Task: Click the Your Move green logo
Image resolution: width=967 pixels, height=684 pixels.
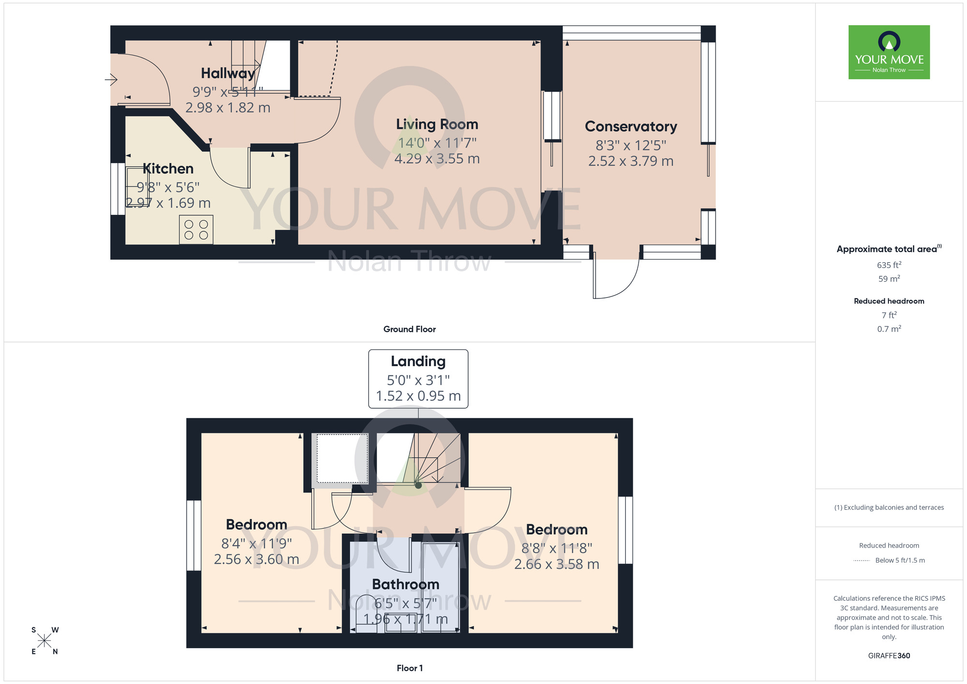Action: tap(889, 52)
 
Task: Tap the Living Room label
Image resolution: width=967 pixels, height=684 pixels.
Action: tap(437, 124)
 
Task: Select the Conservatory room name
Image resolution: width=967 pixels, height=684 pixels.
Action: tap(630, 126)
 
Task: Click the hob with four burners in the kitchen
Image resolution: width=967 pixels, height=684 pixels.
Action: tap(196, 230)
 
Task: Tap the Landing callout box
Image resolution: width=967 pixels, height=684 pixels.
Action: tap(418, 379)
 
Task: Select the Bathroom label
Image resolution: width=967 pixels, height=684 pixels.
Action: tap(406, 584)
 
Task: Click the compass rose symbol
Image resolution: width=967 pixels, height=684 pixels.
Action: tap(44, 641)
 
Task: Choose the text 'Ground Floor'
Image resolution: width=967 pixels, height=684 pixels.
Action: tap(410, 329)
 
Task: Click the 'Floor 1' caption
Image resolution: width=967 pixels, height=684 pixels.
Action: tap(410, 668)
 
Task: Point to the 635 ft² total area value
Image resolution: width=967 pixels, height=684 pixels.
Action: tap(889, 265)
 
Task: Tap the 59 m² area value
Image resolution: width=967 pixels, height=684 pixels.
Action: tap(889, 279)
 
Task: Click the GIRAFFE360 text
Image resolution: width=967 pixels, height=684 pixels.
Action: tap(889, 656)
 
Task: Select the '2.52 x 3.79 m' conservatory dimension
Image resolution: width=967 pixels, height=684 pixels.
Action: tap(630, 161)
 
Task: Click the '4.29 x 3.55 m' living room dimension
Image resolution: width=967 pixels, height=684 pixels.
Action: tap(437, 159)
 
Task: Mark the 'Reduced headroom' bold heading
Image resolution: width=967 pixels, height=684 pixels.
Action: tap(889, 301)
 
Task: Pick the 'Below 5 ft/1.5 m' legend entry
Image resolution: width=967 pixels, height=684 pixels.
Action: tap(900, 560)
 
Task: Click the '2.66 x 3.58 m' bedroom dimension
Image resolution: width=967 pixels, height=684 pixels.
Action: tap(557, 564)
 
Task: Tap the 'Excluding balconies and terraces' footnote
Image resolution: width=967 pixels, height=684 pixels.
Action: tap(889, 507)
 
